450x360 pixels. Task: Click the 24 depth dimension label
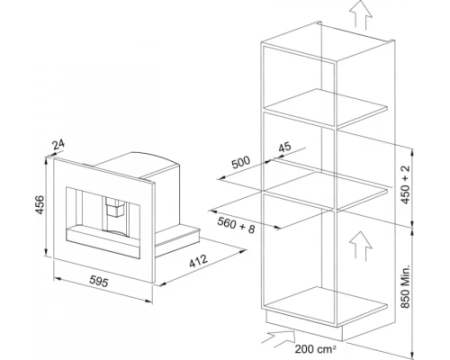(59, 144)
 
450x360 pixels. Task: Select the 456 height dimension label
(40, 205)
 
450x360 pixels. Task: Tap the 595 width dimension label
(99, 281)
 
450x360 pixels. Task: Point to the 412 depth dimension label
(199, 261)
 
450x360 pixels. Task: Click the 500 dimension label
(241, 162)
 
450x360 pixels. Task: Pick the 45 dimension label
(284, 147)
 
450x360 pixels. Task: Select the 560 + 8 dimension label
(236, 225)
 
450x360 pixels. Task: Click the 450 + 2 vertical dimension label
(405, 184)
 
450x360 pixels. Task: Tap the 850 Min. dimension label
(405, 287)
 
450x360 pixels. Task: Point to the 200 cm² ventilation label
(315, 349)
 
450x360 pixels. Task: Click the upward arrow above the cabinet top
(361, 14)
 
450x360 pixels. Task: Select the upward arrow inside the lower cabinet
(361, 246)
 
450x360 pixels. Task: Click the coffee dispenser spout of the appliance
(115, 208)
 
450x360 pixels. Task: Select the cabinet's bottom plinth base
(304, 328)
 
